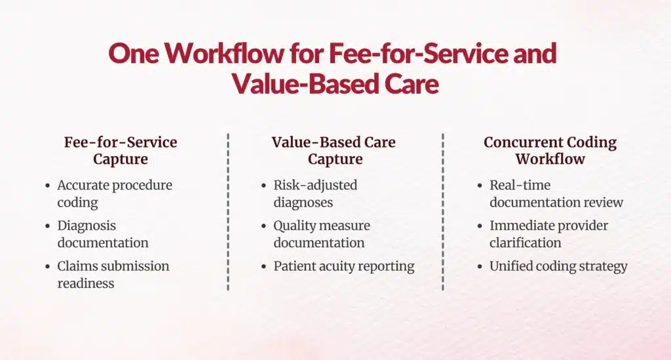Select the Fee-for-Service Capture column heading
pyautogui.click(x=121, y=150)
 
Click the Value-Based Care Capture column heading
pyautogui.click(x=334, y=150)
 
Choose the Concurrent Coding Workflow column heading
pyautogui.click(x=550, y=150)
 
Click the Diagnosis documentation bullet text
pyautogui.click(x=102, y=234)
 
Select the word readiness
pyautogui.click(x=86, y=283)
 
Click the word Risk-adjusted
pyautogui.click(x=315, y=185)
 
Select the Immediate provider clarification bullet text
pyautogui.click(x=548, y=234)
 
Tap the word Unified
pyautogui.click(x=514, y=266)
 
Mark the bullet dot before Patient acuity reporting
pyautogui.click(x=263, y=267)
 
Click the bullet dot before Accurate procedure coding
pyautogui.click(x=47, y=186)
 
